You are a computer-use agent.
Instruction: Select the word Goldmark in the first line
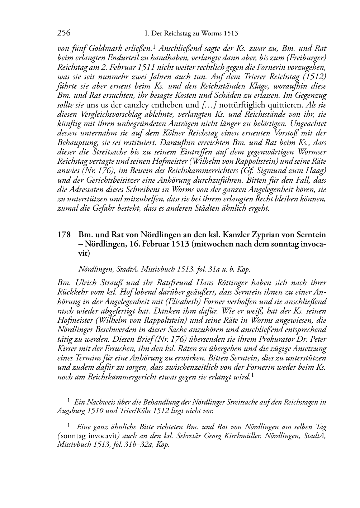102,48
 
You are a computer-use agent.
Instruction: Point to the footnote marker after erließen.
154,46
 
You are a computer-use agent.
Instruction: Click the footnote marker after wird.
253,375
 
